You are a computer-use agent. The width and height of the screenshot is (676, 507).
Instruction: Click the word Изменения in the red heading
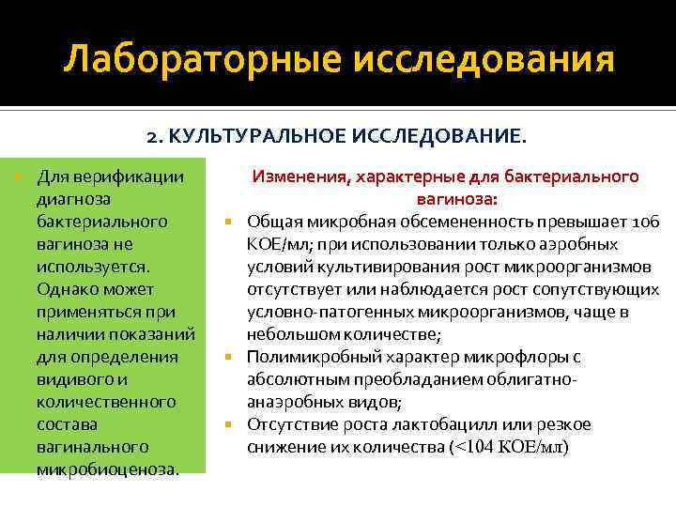[x=300, y=177]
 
